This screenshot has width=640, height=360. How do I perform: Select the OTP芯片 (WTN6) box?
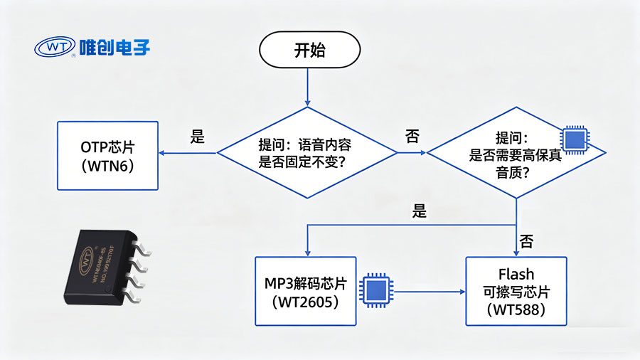108,156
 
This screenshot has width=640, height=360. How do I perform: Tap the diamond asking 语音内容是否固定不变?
306,153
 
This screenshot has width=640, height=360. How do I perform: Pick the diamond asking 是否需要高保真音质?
516,153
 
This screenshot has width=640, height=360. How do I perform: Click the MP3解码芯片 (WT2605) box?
304,292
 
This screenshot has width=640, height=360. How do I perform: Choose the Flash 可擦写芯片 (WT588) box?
516,292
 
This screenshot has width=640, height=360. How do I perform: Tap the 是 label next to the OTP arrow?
198,138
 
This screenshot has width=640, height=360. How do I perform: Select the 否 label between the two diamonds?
412,137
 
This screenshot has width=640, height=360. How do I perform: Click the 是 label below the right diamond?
420,211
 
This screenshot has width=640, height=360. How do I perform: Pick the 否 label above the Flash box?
527,240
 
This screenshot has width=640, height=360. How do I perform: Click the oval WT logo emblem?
54,48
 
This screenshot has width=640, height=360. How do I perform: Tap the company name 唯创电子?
115,48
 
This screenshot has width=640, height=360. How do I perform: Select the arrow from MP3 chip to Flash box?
427,290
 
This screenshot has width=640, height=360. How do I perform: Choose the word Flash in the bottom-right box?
516,274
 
